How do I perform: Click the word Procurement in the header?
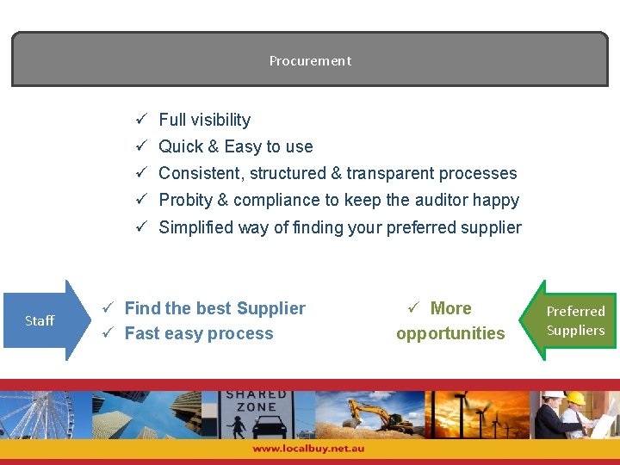pyautogui.click(x=310, y=61)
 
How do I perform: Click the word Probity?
pyautogui.click(x=185, y=200)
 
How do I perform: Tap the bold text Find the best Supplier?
pyautogui.click(x=214, y=308)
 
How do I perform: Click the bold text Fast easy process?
pyautogui.click(x=198, y=333)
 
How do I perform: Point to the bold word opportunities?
pyautogui.click(x=450, y=333)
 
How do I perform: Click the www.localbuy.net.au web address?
pyautogui.click(x=308, y=449)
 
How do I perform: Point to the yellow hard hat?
pyautogui.click(x=575, y=398)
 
